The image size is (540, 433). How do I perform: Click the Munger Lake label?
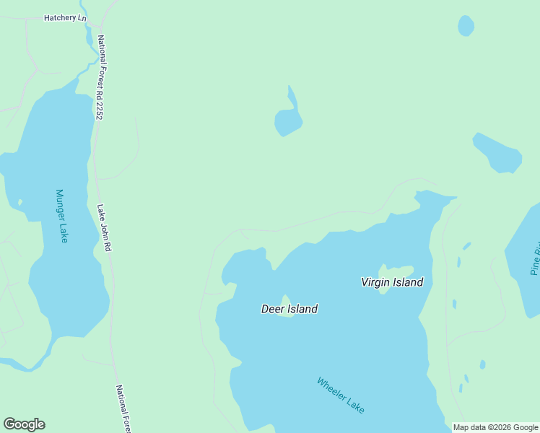click(61, 216)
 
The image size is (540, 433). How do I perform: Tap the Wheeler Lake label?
click(341, 395)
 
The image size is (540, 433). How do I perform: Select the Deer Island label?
click(289, 309)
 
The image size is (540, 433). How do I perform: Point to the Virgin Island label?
click(392, 282)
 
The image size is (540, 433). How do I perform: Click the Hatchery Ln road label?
click(64, 17)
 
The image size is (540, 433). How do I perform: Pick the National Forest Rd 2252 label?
click(100, 77)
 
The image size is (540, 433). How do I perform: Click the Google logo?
click(24, 424)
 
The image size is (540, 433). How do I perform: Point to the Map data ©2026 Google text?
click(496, 427)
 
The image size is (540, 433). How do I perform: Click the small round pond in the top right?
click(466, 26)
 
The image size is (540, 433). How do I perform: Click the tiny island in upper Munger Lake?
click(20, 201)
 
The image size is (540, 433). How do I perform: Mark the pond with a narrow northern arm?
click(288, 119)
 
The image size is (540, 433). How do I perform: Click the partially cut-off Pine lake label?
click(535, 262)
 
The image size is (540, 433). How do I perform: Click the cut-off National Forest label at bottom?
click(122, 408)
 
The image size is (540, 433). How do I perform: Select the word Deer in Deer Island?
click(273, 309)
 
